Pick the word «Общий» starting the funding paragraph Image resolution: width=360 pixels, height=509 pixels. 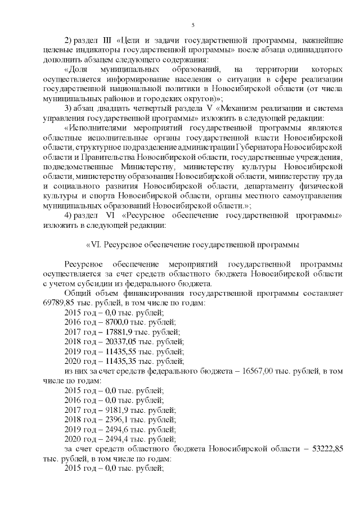78,292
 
